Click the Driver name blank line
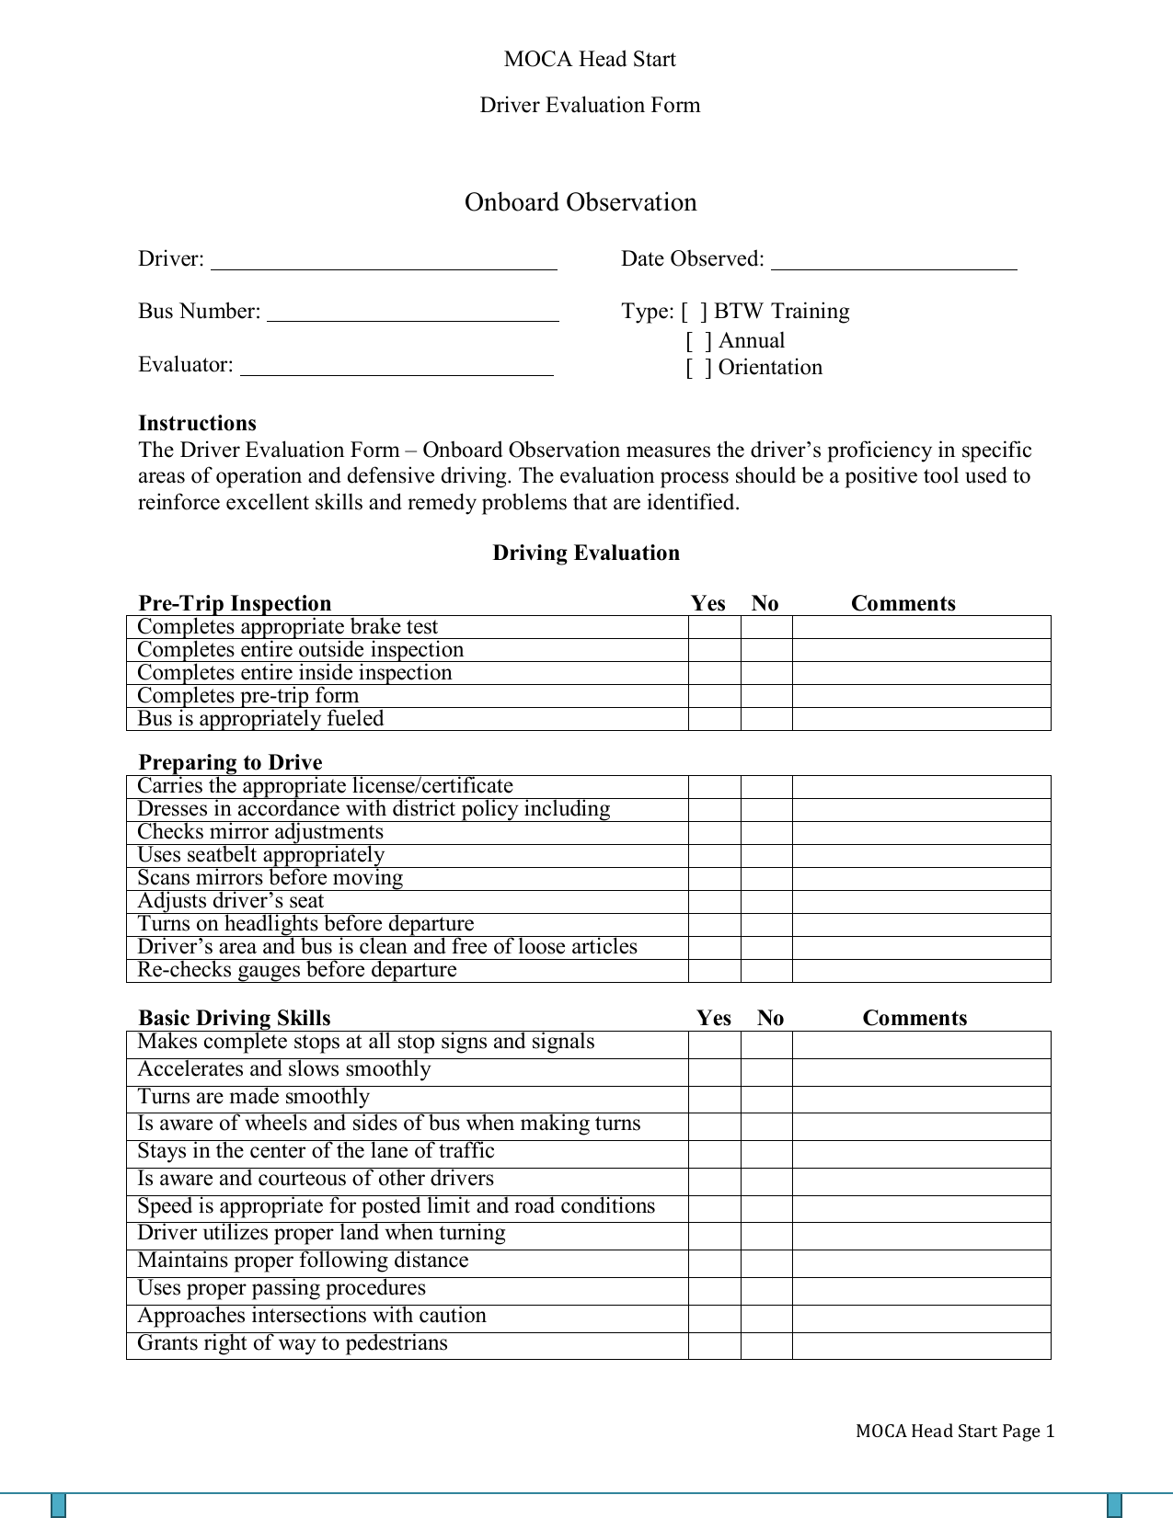384,261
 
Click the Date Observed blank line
893,261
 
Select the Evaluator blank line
397,367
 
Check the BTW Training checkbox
695,312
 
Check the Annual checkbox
699,341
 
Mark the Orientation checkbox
699,368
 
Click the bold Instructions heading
197,423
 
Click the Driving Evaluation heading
586,553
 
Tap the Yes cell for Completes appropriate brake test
714,627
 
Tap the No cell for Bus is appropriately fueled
766,719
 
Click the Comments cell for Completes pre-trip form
921,696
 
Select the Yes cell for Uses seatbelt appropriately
714,855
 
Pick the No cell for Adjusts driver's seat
766,901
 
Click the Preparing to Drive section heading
230,762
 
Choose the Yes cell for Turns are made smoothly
714,1099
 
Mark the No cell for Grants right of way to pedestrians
766,1345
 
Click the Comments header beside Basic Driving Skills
914,1018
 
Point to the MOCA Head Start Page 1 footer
954,1431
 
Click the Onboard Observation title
581,202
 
